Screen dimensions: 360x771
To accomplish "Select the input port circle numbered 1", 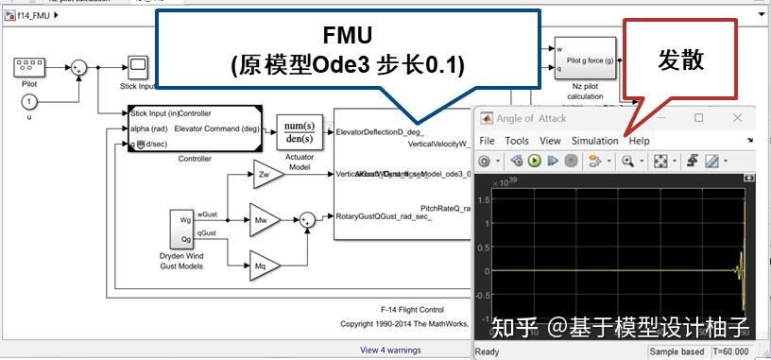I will pos(28,101).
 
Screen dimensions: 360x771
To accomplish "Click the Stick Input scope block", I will pos(138,66).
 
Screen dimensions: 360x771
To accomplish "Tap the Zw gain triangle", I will pos(265,174).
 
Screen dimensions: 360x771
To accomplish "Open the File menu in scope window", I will pos(487,141).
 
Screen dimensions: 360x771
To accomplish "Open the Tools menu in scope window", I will pos(517,141).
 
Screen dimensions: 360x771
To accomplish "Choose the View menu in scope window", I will pos(549,141).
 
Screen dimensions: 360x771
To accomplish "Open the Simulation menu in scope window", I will pos(594,141).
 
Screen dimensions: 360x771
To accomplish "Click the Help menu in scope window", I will pos(640,141).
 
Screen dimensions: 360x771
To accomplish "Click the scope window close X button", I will pos(742,118).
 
